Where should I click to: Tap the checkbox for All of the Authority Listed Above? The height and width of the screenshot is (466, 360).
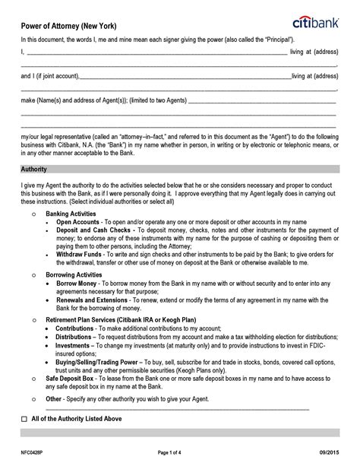[24, 419]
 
